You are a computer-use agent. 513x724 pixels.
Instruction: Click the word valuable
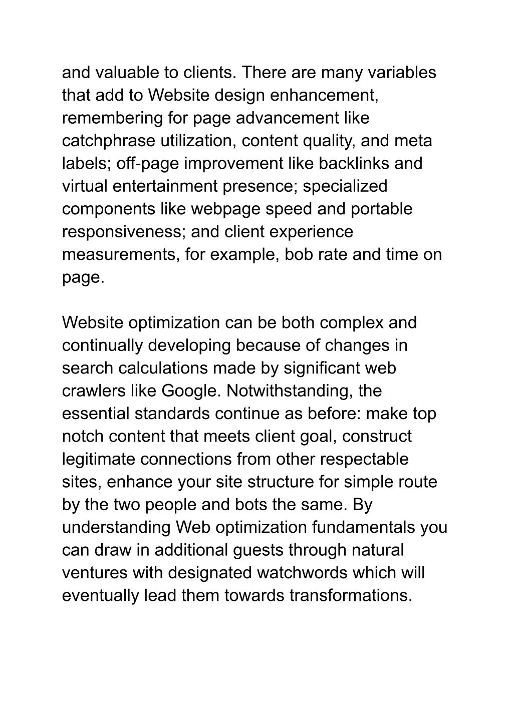(x=126, y=73)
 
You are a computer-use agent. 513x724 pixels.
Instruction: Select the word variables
(x=402, y=73)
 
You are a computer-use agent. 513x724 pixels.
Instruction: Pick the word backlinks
(x=354, y=164)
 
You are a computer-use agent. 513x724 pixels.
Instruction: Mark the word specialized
(x=345, y=186)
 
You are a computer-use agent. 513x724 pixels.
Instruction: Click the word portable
(x=382, y=209)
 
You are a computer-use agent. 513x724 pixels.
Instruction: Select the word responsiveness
(x=124, y=232)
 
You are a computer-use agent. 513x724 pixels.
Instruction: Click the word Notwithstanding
(x=289, y=391)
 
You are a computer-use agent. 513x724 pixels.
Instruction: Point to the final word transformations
(x=350, y=596)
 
